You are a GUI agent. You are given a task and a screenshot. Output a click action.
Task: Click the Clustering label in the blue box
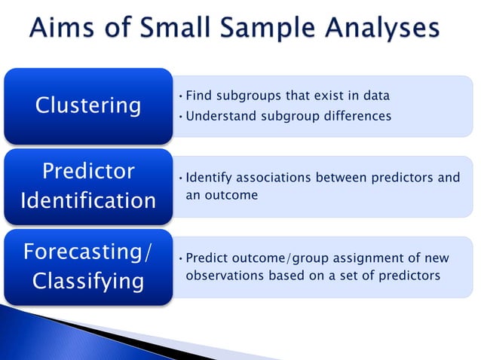point(88,105)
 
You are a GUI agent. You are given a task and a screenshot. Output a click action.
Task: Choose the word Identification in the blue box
point(88,200)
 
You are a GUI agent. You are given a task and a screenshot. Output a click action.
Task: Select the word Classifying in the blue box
point(88,281)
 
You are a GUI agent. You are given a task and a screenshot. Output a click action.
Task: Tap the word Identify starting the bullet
point(209,178)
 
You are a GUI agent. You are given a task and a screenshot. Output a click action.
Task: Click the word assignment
point(354,258)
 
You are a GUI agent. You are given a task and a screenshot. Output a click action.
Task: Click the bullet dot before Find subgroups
point(181,96)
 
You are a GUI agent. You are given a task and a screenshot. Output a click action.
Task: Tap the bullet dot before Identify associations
point(181,178)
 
